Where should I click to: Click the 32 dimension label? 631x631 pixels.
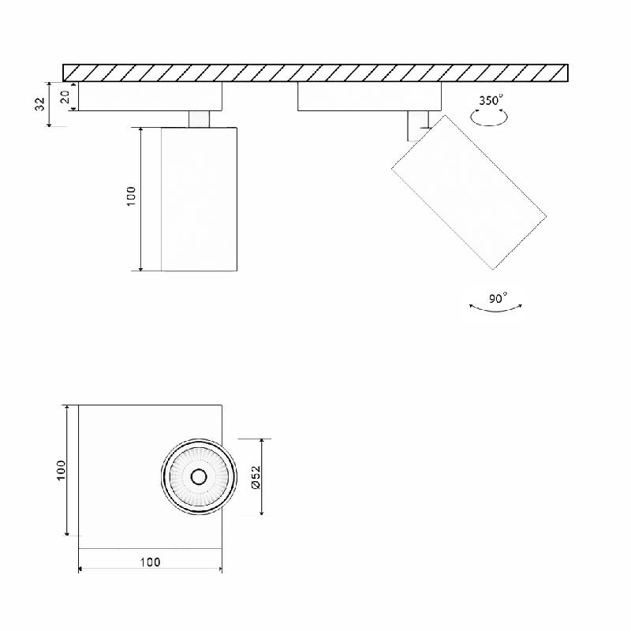click(x=39, y=104)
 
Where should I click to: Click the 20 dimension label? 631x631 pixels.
click(x=66, y=96)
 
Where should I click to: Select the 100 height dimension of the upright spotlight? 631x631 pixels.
click(x=131, y=196)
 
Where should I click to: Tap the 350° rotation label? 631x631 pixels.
click(x=491, y=100)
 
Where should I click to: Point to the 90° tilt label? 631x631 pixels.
click(x=498, y=298)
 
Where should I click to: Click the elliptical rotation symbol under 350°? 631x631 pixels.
click(x=489, y=118)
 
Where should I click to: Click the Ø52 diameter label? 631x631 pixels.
click(x=256, y=477)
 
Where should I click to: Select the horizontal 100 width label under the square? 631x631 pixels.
click(x=150, y=562)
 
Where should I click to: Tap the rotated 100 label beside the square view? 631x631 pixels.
click(x=62, y=470)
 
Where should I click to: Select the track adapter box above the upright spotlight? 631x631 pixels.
click(x=150, y=96)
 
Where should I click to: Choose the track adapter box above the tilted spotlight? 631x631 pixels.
click(x=369, y=96)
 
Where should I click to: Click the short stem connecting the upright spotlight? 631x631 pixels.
click(x=200, y=119)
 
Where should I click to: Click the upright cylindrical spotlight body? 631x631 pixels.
click(x=199, y=199)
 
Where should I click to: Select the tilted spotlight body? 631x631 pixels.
click(x=469, y=192)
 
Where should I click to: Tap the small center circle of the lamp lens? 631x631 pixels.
click(x=198, y=476)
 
